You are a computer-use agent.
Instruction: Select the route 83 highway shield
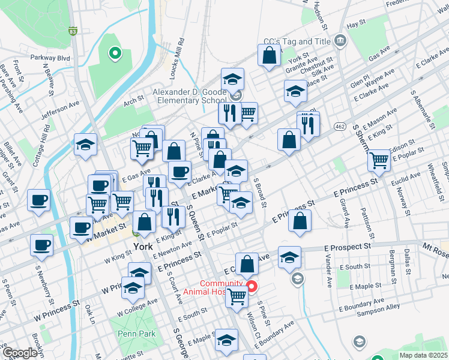tap(73, 31)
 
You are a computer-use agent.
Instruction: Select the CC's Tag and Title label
tap(297, 42)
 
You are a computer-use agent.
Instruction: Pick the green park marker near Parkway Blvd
tap(113, 53)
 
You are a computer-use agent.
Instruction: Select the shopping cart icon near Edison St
tap(379, 159)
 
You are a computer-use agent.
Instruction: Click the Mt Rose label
tap(435, 246)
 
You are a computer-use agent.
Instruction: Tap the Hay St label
tap(356, 23)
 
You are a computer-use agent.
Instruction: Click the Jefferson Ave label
tap(60, 110)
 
